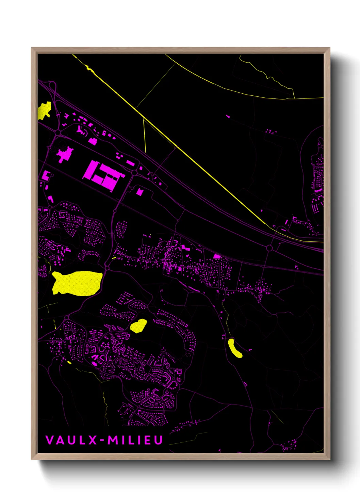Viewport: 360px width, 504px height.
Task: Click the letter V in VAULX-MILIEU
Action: point(50,440)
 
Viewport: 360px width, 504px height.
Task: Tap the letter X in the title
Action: point(93,440)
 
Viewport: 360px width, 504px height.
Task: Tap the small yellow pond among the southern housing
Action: point(138,326)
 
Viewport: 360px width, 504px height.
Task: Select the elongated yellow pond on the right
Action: point(235,348)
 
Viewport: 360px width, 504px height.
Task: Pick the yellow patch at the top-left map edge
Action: point(44,110)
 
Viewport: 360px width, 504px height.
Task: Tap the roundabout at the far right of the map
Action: point(269,248)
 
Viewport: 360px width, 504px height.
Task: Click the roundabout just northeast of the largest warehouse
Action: point(134,173)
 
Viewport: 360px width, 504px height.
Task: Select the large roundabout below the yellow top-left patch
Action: point(58,132)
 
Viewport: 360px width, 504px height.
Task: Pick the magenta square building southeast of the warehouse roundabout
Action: point(140,192)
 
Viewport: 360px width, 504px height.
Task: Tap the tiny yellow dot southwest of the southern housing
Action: point(69,362)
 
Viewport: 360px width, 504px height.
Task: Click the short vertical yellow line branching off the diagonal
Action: point(145,136)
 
